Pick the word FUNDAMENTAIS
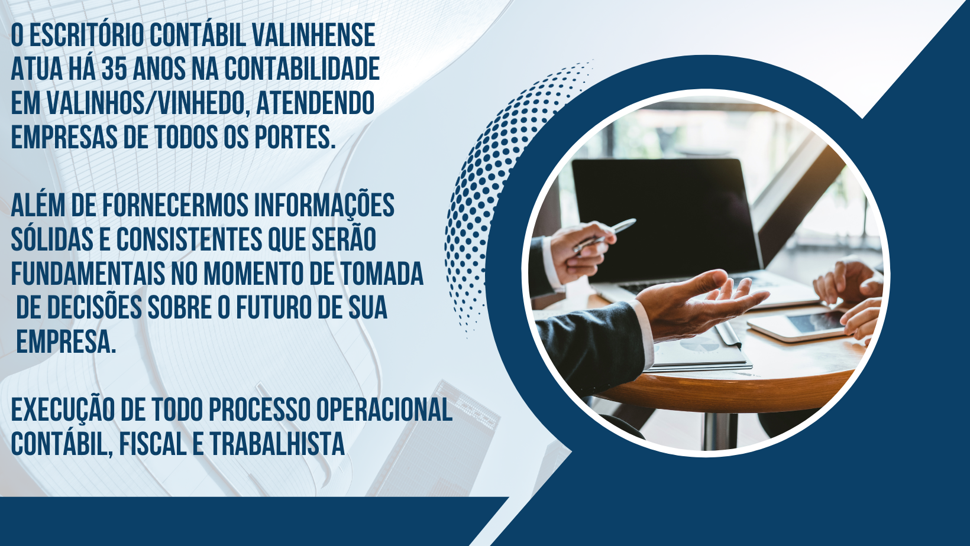coord(88,273)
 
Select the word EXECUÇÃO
coord(63,410)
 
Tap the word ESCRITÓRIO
coord(86,35)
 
